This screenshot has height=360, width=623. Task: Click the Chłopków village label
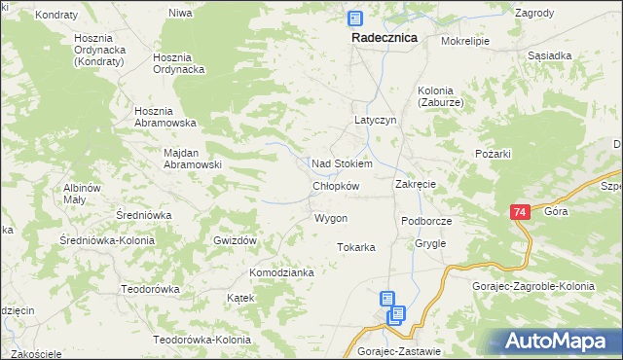pos(336,186)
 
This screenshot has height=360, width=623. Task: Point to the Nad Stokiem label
pos(341,163)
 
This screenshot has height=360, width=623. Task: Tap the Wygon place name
pos(331,218)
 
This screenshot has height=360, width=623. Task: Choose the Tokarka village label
pos(356,247)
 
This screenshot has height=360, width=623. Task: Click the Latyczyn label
pos(374,121)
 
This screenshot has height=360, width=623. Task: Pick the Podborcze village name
pos(426,221)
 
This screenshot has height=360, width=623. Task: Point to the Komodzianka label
pos(281,272)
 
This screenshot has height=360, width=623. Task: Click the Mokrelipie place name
pos(464,42)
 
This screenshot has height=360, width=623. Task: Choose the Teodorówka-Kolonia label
pos(202,340)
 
